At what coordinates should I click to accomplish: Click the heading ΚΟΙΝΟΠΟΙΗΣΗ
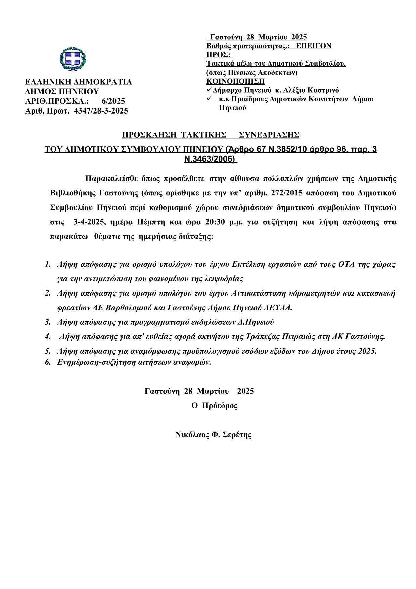click(x=235, y=81)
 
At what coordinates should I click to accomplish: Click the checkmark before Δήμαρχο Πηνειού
click(x=209, y=90)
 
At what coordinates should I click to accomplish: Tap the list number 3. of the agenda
click(x=48, y=322)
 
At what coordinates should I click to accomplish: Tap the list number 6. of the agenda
click(x=48, y=362)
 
